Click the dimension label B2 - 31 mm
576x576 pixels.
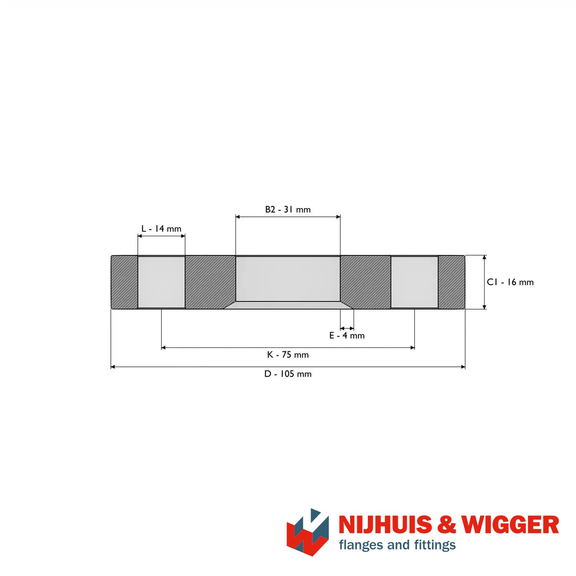point(288,210)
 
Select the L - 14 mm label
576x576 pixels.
point(161,229)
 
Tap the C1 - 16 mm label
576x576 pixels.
point(510,282)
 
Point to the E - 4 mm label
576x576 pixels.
point(347,336)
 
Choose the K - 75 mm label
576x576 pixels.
point(288,355)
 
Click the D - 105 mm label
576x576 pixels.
point(288,374)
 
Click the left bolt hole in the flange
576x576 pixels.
point(161,282)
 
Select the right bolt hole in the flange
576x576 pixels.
point(414,282)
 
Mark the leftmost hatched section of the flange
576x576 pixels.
point(124,282)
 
